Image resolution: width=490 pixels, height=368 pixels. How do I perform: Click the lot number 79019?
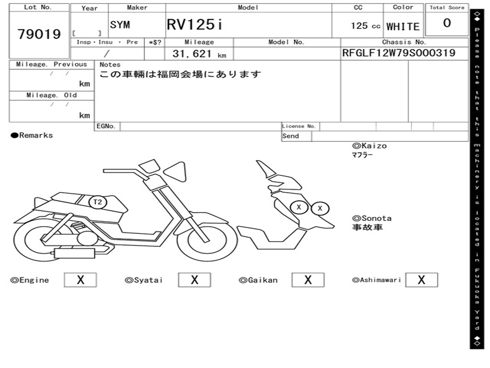coord(39,34)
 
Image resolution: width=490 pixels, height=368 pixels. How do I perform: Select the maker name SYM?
coord(120,25)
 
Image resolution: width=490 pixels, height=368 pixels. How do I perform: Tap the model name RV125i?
coord(194,24)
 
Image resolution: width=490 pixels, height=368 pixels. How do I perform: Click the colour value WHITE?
coord(403,26)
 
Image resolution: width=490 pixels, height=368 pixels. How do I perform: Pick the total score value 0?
coord(447,23)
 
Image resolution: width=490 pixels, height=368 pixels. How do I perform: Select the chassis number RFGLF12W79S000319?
coord(399,53)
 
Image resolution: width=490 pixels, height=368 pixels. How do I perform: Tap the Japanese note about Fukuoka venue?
coord(180,74)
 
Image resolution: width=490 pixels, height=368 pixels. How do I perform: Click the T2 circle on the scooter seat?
coord(98,202)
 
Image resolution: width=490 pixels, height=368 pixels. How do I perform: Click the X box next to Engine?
coord(80,280)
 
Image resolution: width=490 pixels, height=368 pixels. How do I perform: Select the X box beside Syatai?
coord(194,280)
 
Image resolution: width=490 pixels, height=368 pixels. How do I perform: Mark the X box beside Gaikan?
coord(308,280)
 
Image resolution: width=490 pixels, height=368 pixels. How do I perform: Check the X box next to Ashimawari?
coord(421,280)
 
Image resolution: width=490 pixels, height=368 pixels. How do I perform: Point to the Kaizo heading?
coord(369,146)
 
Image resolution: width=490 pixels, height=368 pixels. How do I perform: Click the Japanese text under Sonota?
coord(367,228)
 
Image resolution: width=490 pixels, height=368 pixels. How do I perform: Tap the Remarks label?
coord(32,136)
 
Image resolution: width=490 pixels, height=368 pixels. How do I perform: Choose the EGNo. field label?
coord(106,126)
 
